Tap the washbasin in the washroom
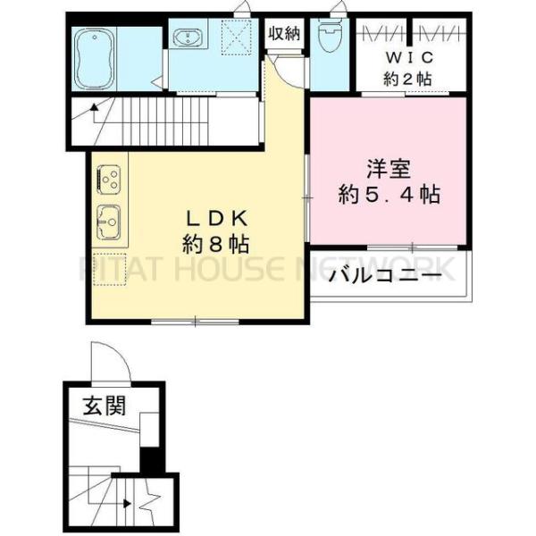click(x=188, y=39)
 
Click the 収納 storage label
click(x=285, y=34)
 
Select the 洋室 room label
click(x=387, y=169)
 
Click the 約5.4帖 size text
click(x=389, y=195)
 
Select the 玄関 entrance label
click(x=105, y=407)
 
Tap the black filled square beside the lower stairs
click(x=152, y=462)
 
